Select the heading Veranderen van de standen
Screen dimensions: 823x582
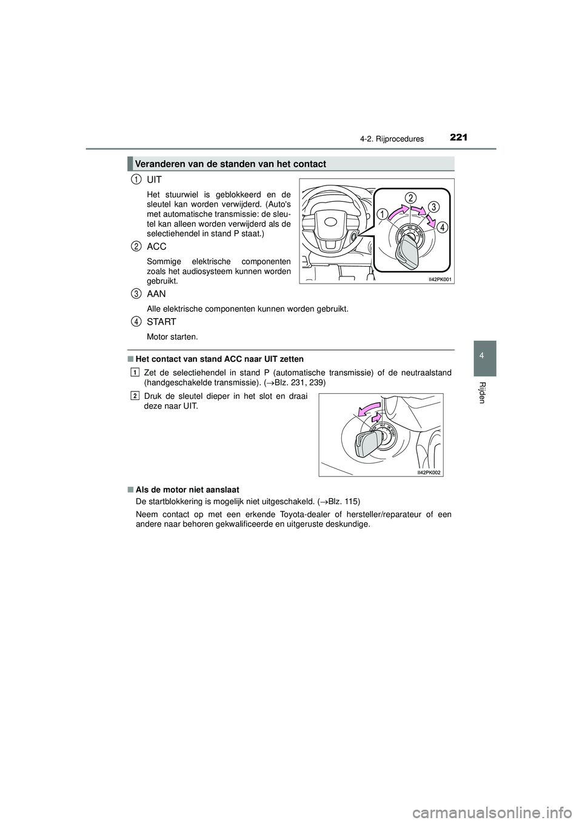[x=231, y=164]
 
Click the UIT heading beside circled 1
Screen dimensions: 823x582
[x=154, y=180]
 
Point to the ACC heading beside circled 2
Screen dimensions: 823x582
[x=156, y=247]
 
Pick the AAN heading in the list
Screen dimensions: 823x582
[x=156, y=294]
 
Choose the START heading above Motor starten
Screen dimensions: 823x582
[x=161, y=322]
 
